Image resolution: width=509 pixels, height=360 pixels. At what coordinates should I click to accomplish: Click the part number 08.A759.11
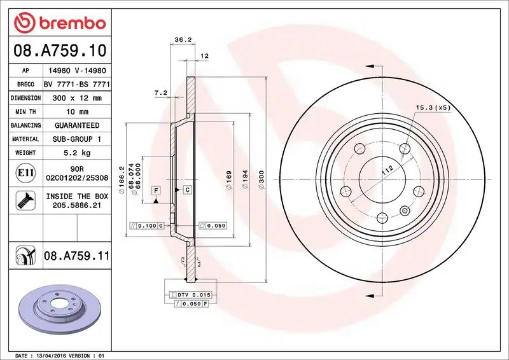[x=77, y=256]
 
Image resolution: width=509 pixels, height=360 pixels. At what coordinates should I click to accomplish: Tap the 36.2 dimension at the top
[x=183, y=39]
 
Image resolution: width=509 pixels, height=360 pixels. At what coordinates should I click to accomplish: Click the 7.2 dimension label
[x=160, y=93]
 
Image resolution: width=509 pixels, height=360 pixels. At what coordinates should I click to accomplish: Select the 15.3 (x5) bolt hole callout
[x=433, y=107]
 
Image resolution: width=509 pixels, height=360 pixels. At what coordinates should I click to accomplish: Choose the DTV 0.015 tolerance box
[x=190, y=295]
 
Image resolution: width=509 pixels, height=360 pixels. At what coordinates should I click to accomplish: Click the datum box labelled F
[x=155, y=190]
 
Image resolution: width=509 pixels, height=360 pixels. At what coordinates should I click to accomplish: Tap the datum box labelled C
[x=188, y=190]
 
